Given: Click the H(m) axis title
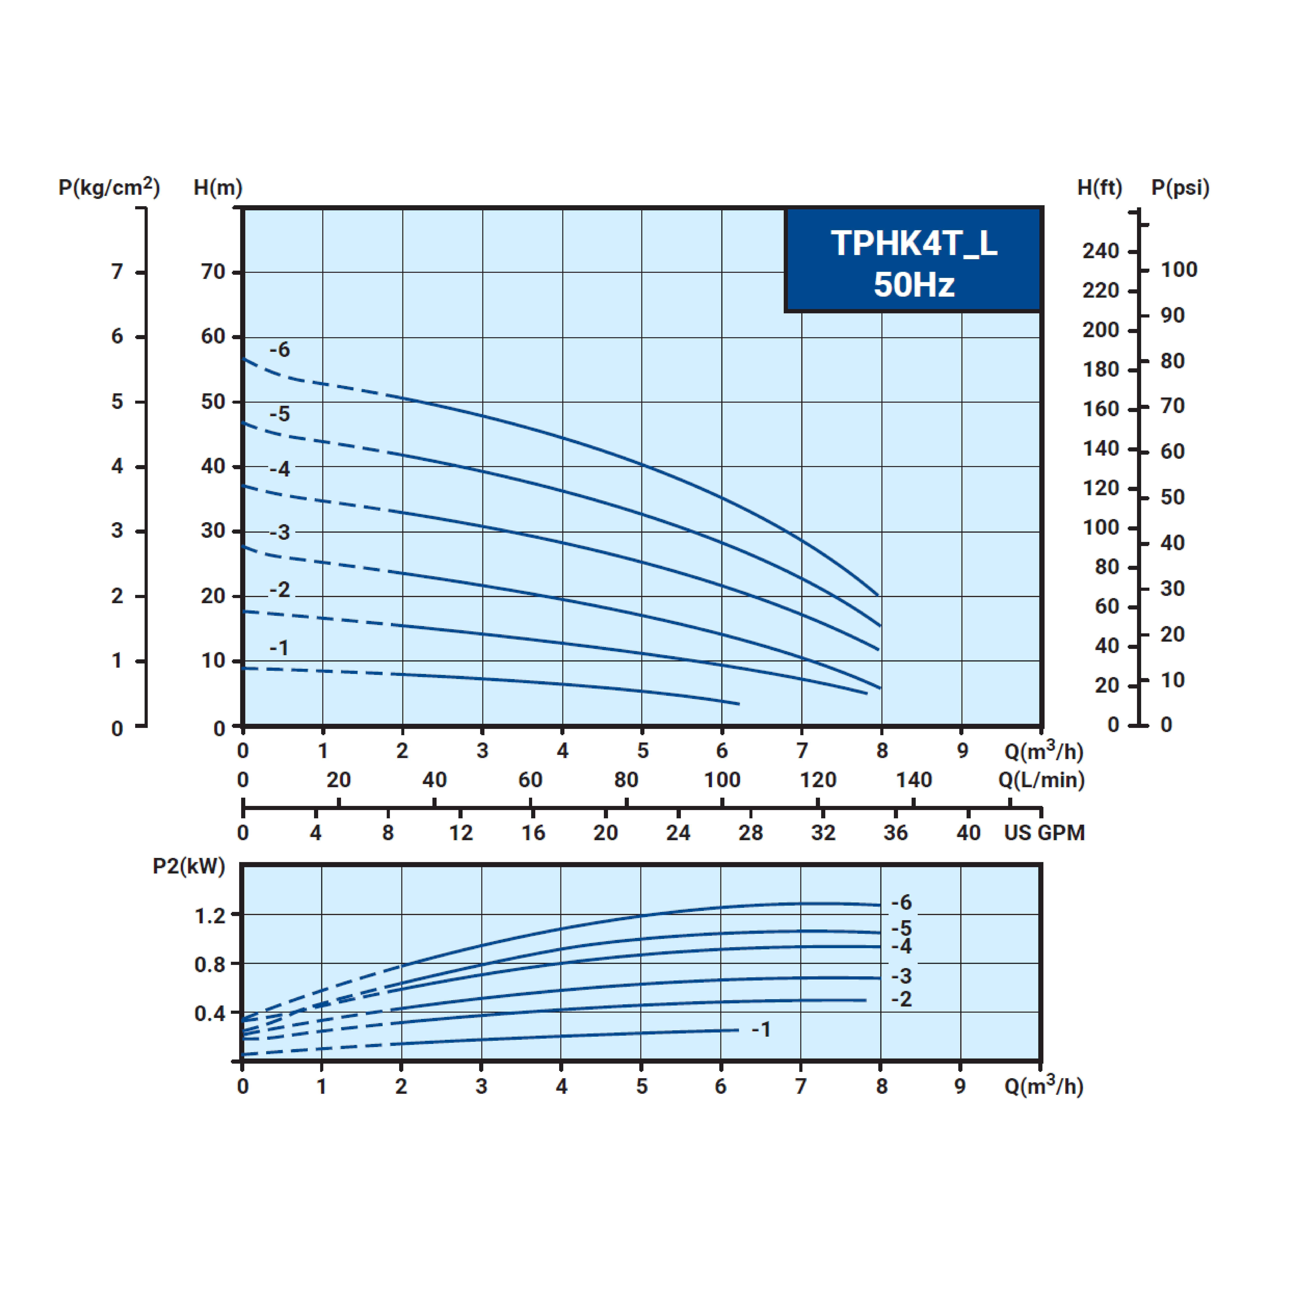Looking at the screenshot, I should click(x=218, y=187).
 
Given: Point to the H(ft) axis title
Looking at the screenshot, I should click(x=1099, y=187).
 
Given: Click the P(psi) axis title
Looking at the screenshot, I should click(x=1180, y=187).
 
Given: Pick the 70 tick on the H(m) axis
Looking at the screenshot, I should click(x=213, y=272).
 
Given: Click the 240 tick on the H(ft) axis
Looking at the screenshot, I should click(x=1100, y=251).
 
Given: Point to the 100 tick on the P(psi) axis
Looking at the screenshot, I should click(x=1179, y=270).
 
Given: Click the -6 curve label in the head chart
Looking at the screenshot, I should click(x=280, y=350).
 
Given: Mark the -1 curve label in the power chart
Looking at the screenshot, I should click(x=761, y=1030).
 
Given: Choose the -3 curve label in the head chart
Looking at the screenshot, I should click(x=280, y=532).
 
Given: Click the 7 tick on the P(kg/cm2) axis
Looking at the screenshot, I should click(x=117, y=272).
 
